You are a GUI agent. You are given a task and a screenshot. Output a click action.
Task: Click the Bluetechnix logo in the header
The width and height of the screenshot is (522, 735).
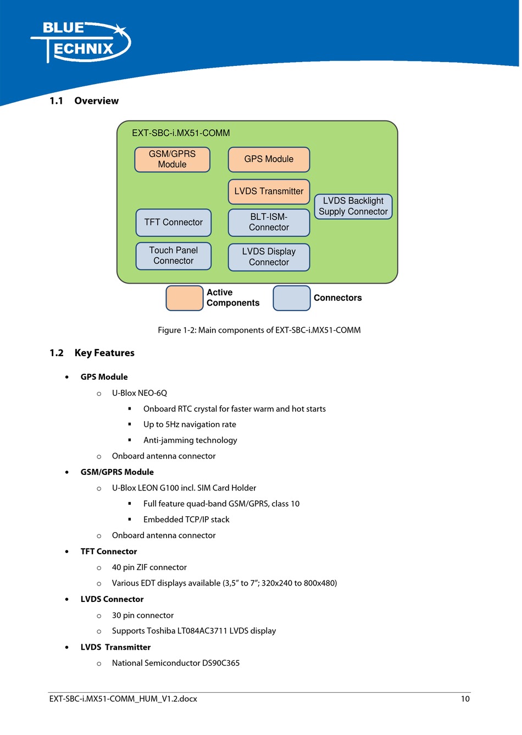coord(81,42)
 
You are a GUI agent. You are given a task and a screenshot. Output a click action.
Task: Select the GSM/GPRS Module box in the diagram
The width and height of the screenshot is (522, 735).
coord(172,159)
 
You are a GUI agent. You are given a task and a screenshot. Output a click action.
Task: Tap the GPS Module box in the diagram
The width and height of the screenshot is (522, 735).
coord(269,159)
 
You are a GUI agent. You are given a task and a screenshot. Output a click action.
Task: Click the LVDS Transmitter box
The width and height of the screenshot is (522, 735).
coord(269,191)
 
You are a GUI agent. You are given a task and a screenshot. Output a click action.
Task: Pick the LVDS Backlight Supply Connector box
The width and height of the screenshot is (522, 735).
coord(353,206)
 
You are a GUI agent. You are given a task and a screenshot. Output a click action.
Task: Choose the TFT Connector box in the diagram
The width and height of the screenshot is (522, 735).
coord(174,223)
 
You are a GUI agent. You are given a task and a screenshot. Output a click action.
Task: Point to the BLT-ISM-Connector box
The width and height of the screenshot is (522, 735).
coord(269,223)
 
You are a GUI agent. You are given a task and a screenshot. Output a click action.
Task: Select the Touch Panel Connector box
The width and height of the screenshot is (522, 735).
coord(174,256)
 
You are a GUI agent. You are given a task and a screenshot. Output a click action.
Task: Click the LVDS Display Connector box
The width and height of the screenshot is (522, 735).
coord(269,257)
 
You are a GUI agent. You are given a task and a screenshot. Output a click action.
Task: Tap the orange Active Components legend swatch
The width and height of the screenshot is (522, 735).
coord(185,298)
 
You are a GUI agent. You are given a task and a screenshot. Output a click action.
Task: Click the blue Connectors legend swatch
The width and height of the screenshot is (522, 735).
coord(291,298)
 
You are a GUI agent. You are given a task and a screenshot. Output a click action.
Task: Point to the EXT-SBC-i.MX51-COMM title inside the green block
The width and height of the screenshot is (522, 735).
coord(181,133)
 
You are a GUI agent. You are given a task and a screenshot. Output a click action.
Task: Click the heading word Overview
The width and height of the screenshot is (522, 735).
coord(96,101)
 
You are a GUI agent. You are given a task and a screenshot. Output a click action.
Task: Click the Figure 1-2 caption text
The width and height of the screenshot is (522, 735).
coord(259,330)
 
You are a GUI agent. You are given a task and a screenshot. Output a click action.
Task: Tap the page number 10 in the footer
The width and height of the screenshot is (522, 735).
coord(465,699)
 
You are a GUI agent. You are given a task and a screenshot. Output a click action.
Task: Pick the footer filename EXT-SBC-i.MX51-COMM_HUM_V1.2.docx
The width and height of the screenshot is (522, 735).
coord(123,699)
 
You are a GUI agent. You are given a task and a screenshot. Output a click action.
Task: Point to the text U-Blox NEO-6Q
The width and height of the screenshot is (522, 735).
coord(140,393)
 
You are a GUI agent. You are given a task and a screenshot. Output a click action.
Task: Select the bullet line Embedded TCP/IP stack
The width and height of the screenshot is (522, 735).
coord(186,520)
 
